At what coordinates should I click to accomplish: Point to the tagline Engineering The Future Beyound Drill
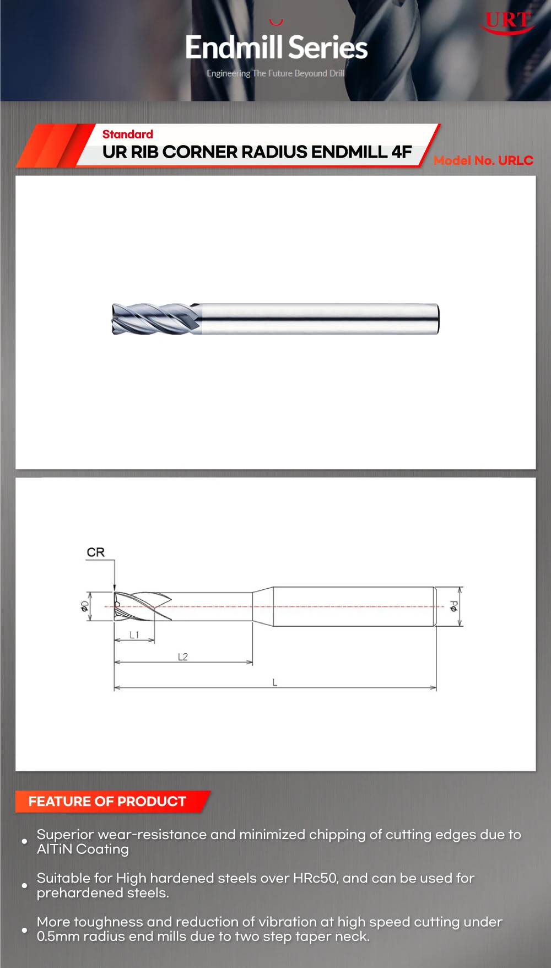coord(275,73)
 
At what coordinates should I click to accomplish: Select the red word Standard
coord(127,134)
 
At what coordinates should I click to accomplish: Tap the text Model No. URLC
coord(483,160)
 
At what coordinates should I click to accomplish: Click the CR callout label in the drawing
coord(95,552)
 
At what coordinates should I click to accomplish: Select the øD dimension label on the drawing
coord(84,606)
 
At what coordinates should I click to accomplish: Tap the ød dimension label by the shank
coord(453,606)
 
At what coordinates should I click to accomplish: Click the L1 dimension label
coord(134,635)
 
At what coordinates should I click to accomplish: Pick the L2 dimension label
coord(182,657)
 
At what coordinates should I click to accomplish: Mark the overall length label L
coord(274,682)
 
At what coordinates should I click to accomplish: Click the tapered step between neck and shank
coord(263,606)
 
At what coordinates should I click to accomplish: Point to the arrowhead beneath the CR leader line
coord(115,588)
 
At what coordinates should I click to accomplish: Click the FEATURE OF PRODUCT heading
coord(107,801)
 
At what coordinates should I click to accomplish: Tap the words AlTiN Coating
coord(83,849)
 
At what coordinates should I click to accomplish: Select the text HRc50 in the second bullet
coord(315,878)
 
